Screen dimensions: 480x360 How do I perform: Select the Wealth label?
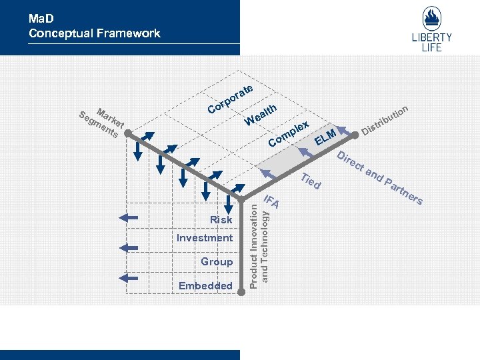(x=261, y=114)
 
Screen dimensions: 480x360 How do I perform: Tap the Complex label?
(x=289, y=133)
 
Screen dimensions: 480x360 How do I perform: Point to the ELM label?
(x=325, y=135)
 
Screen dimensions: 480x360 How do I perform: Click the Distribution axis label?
(x=385, y=117)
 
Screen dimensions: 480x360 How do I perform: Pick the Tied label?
(x=311, y=180)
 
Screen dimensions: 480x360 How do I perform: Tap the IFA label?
(x=271, y=199)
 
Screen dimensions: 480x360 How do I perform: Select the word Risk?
(x=221, y=219)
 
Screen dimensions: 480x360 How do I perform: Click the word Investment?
(x=205, y=238)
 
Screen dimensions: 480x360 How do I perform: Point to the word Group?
(x=217, y=262)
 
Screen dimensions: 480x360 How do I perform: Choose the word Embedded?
(x=205, y=286)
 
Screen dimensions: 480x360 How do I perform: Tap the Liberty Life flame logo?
(x=436, y=19)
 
